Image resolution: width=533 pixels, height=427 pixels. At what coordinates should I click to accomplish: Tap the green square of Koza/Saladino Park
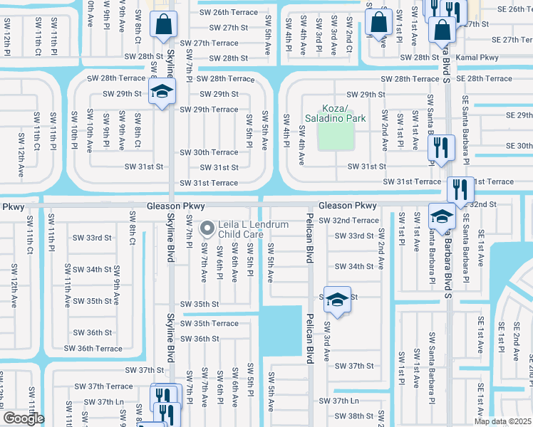click(x=335, y=135)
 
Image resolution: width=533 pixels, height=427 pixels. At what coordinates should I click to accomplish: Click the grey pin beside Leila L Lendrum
click(x=207, y=228)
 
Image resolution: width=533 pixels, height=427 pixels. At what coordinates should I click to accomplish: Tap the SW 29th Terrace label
click(x=209, y=110)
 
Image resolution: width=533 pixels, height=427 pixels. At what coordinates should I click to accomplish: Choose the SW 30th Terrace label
click(x=209, y=152)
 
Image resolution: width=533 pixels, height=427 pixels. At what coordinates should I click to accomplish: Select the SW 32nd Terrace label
click(x=348, y=221)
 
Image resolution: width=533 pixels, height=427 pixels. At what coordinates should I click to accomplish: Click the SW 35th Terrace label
click(x=209, y=323)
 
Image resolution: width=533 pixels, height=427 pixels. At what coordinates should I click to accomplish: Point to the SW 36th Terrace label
click(x=93, y=348)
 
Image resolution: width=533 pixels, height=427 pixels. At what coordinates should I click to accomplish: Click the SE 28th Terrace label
click(x=484, y=78)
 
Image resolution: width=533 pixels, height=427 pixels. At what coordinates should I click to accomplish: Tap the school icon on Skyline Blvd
click(x=162, y=92)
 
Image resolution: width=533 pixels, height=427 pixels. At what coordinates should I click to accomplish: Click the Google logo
click(x=24, y=418)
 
